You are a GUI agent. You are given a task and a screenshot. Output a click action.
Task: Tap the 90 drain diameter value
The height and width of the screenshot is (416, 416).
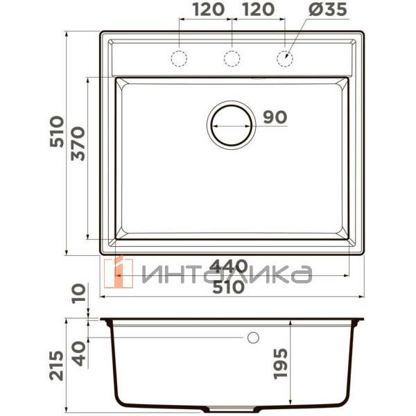275,118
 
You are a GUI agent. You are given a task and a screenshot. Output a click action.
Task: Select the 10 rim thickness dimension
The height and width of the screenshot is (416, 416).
78,295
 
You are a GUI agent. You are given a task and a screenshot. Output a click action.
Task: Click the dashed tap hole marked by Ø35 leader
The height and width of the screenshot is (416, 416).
284,58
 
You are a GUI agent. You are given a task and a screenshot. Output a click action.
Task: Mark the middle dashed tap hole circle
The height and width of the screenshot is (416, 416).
232,58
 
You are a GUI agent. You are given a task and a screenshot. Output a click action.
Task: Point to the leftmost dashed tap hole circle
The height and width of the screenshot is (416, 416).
180,58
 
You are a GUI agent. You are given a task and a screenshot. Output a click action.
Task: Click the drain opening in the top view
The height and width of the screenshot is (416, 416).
231,125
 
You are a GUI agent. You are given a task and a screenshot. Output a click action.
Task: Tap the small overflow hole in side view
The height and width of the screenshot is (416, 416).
252,337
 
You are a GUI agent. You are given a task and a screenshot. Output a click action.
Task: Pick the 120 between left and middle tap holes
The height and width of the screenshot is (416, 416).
205,10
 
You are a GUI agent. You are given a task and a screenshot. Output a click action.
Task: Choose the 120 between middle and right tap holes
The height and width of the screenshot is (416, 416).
257,10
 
